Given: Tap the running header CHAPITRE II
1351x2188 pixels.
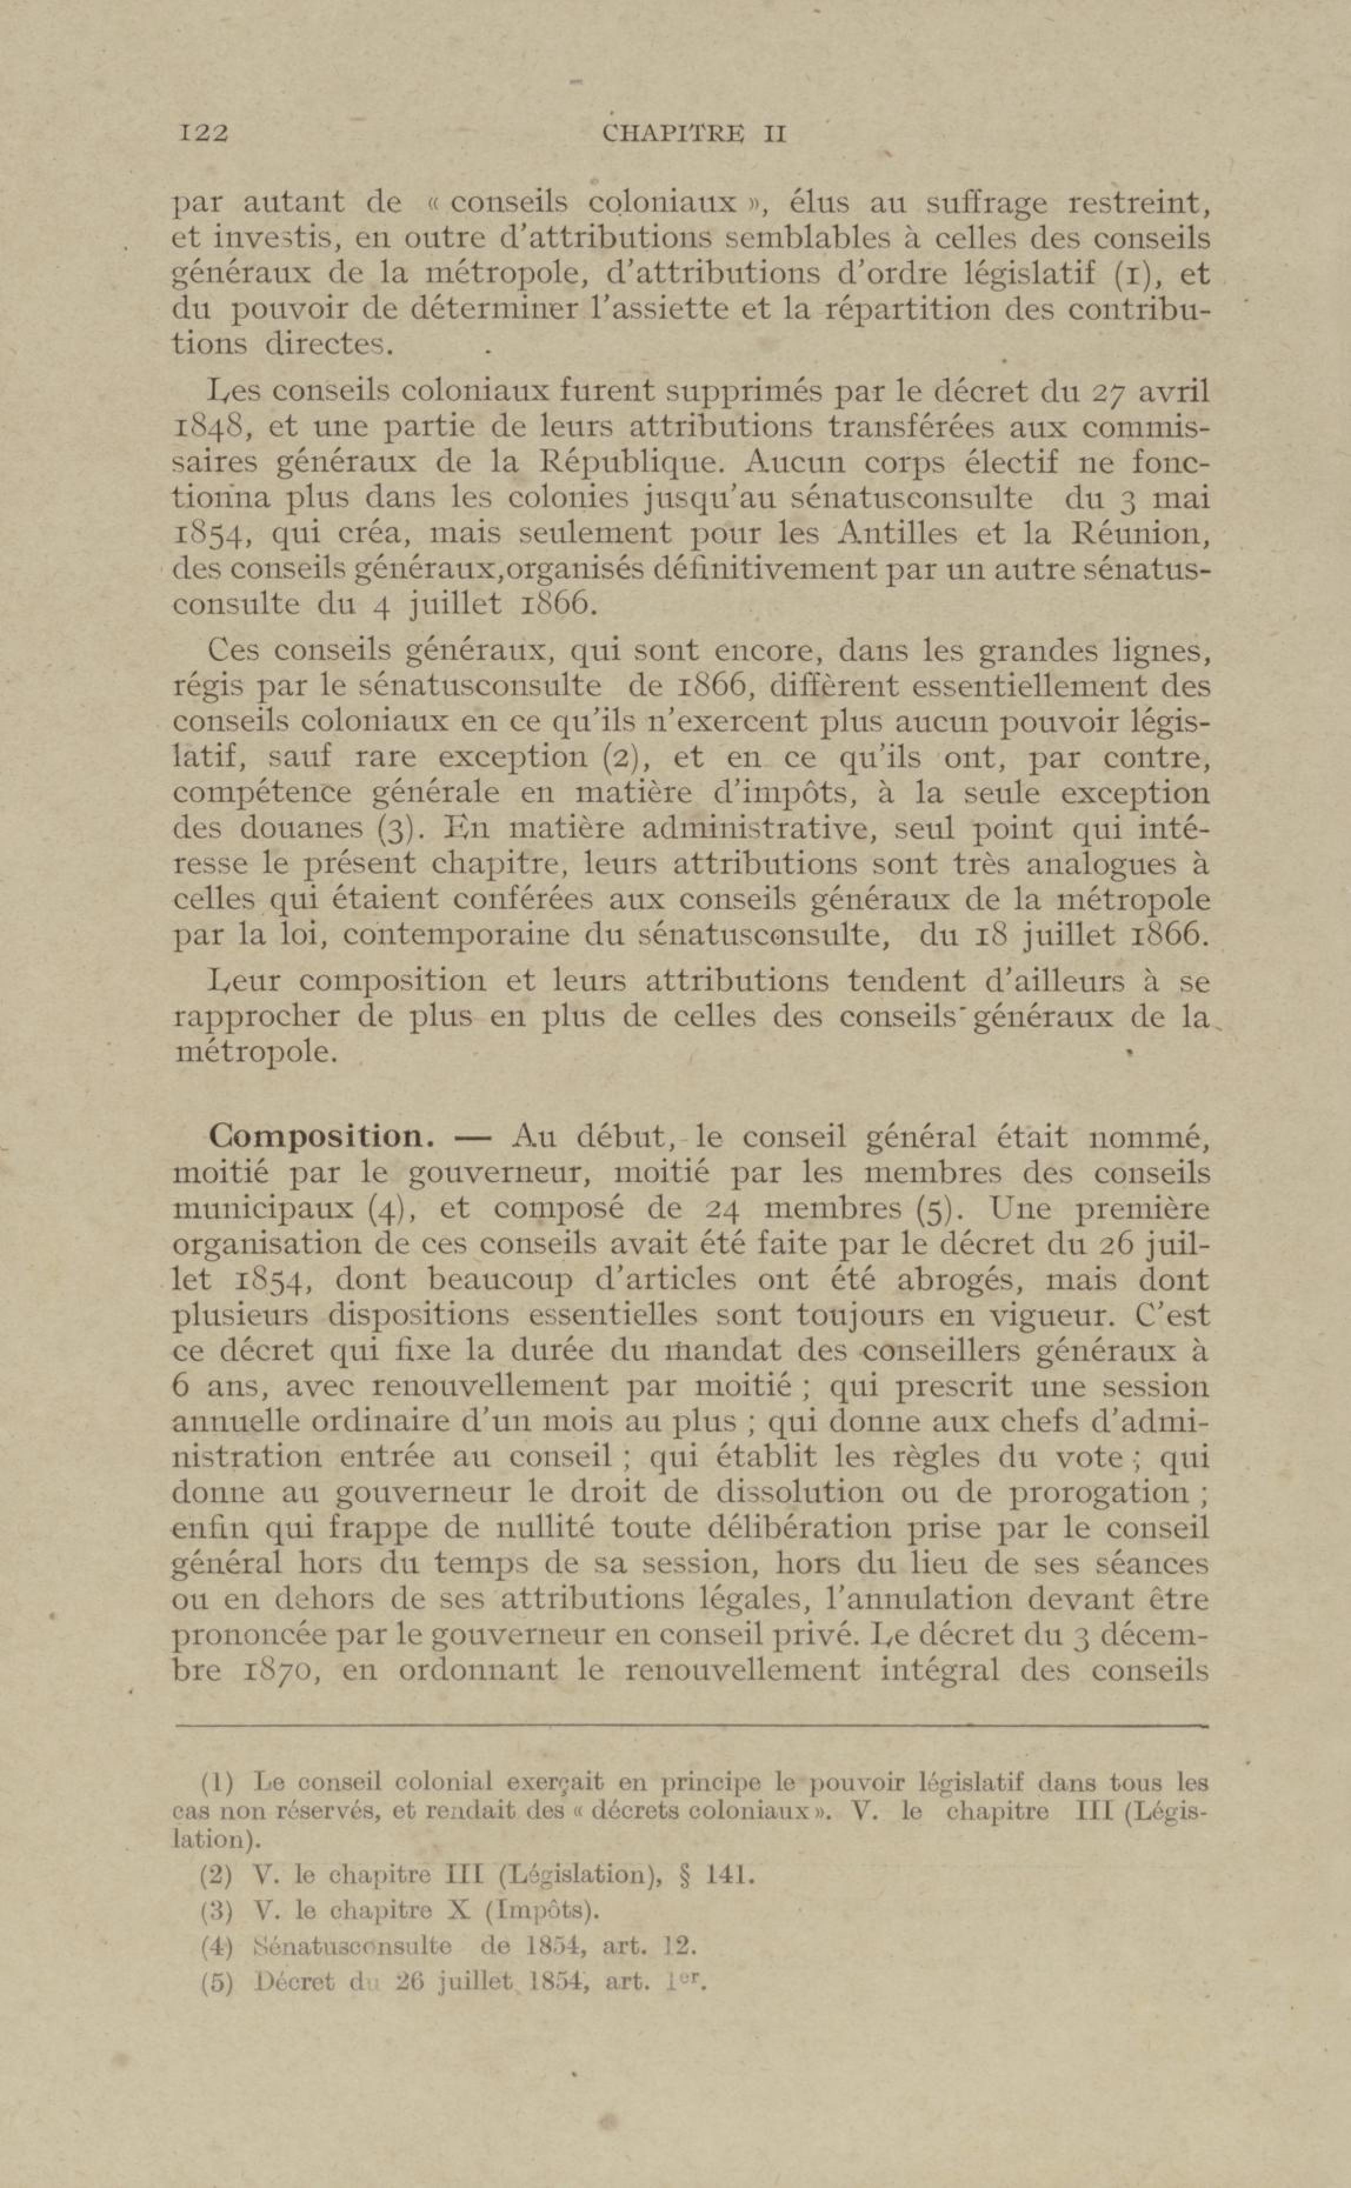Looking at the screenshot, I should point(694,134).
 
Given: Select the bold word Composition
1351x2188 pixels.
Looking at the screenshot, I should point(321,1137).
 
